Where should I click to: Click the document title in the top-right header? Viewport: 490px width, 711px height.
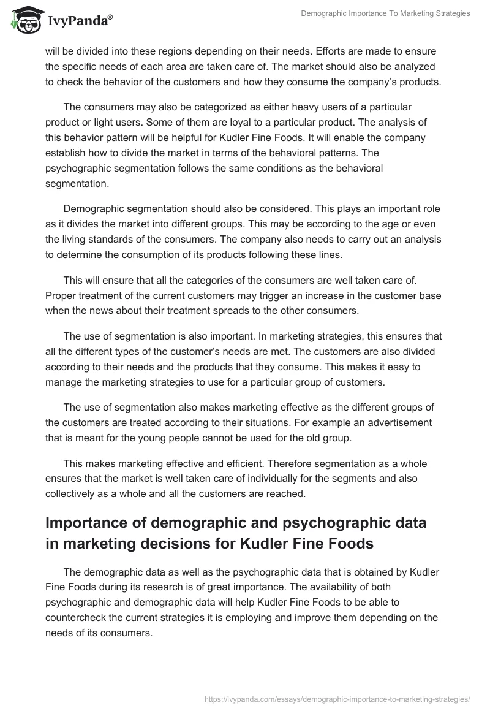386,13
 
